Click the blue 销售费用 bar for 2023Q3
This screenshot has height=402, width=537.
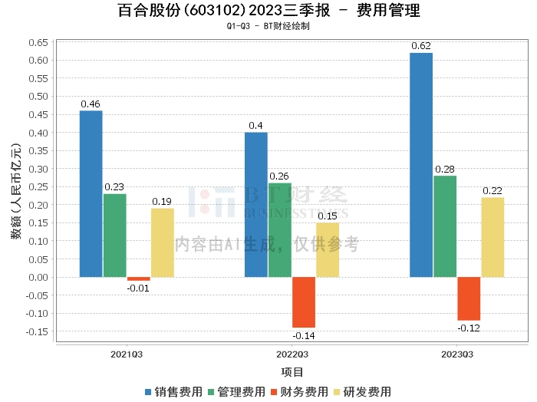[x=421, y=164]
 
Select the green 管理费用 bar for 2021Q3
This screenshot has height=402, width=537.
[x=115, y=235]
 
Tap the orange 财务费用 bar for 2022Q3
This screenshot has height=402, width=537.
[x=304, y=302]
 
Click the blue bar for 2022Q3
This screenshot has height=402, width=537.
[x=256, y=204]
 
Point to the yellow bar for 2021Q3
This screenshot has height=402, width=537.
[x=163, y=242]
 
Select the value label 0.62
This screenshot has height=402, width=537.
[x=421, y=46]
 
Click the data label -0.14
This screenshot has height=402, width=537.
[x=304, y=335]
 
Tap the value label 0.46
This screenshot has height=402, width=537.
[x=91, y=104]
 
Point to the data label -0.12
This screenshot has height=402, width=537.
[x=469, y=328]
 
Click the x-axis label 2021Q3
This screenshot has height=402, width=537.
[x=127, y=354]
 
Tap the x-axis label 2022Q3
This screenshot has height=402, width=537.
[x=292, y=354]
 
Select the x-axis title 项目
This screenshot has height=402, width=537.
[x=292, y=372]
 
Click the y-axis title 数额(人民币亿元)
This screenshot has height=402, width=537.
[x=15, y=196]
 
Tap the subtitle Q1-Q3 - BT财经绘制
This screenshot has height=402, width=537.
[x=268, y=26]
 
